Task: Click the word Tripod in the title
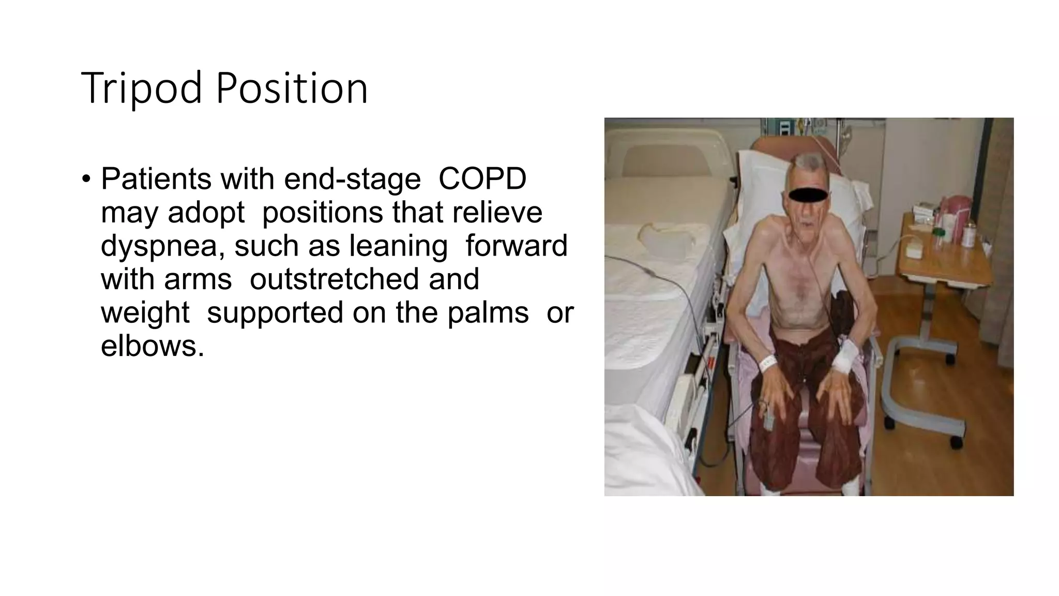(141, 88)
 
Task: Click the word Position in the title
(292, 88)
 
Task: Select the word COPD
(482, 179)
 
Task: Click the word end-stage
(352, 179)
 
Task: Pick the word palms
(488, 313)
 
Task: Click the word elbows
(152, 346)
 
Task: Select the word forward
(516, 246)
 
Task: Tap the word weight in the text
(145, 313)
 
